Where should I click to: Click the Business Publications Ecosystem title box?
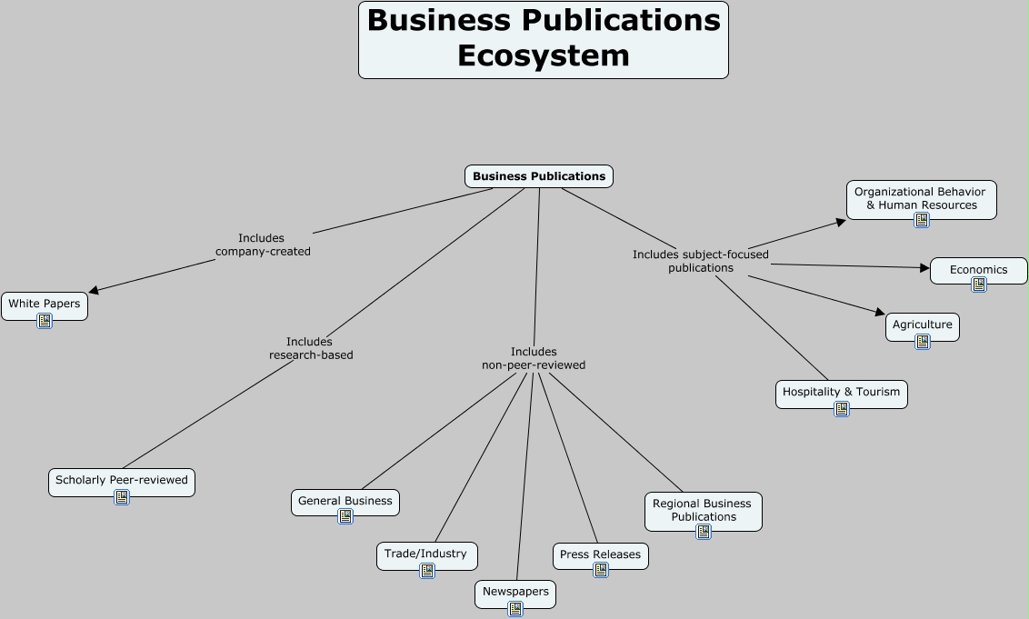point(544,40)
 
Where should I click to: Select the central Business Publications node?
point(539,176)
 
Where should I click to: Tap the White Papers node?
point(45,304)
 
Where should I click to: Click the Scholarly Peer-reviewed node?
point(122,480)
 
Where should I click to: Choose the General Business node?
point(345,501)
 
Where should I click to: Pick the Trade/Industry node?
point(426,554)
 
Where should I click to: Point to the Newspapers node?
point(515,592)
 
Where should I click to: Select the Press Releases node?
point(600,554)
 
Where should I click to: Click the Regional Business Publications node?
point(704,510)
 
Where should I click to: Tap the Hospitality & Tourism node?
point(841,392)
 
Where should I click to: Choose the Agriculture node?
point(922,324)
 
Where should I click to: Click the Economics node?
point(978,270)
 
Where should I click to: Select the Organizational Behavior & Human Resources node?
point(921,198)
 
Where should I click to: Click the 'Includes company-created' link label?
point(263,245)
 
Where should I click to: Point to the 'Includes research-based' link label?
point(311,348)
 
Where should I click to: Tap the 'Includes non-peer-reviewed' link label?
point(534,358)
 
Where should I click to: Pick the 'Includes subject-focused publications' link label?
point(700,261)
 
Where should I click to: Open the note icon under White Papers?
point(45,321)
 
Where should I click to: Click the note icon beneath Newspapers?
point(515,609)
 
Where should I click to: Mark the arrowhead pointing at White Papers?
point(94,291)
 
